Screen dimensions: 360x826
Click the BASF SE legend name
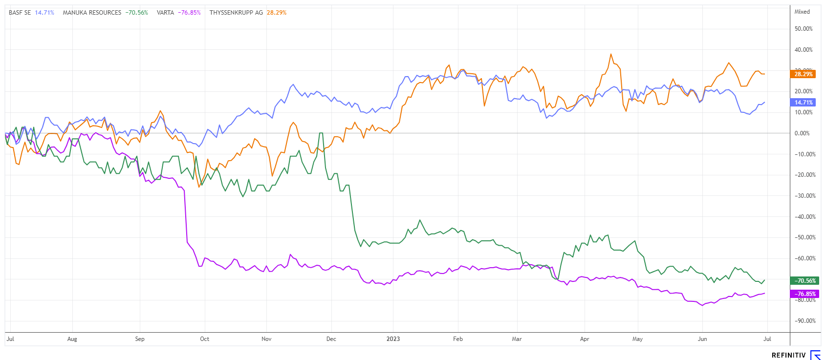[x=20, y=13]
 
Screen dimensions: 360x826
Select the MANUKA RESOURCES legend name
[x=92, y=13]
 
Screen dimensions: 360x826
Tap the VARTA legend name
[x=165, y=13]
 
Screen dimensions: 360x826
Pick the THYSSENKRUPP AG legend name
[x=236, y=13]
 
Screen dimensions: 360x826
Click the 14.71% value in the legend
[x=44, y=13]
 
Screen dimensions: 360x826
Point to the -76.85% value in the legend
[x=191, y=13]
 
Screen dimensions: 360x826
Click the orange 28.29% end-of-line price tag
[x=803, y=74]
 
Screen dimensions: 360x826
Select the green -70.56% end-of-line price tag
[x=803, y=281]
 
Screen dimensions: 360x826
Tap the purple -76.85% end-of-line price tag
[x=803, y=294]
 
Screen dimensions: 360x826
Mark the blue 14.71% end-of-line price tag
[x=803, y=103]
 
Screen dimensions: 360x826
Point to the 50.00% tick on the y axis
[x=804, y=29]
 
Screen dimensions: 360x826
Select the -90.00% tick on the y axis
[x=804, y=321]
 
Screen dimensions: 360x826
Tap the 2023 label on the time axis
[x=393, y=339]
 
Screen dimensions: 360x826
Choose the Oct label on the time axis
[x=205, y=339]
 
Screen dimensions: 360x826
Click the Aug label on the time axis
[x=72, y=339]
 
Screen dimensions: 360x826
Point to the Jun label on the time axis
[x=702, y=339]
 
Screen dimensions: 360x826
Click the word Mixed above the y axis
[x=802, y=12]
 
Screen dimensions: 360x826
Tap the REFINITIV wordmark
[x=788, y=355]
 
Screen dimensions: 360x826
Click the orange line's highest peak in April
[x=610, y=54]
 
